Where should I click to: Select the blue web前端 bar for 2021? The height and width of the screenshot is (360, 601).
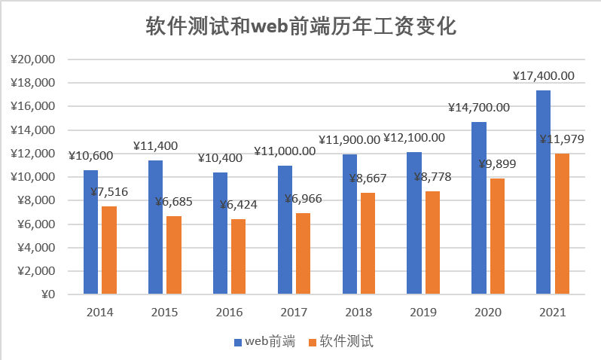pyautogui.click(x=543, y=192)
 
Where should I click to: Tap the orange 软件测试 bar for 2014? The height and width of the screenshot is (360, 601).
pyautogui.click(x=109, y=249)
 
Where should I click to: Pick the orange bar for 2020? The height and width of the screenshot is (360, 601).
pyautogui.click(x=497, y=236)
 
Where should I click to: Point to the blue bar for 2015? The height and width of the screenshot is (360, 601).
pyautogui.click(x=155, y=227)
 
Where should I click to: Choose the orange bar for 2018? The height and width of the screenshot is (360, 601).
pyautogui.click(x=368, y=243)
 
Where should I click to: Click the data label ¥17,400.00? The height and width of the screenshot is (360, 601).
pyautogui.click(x=543, y=75)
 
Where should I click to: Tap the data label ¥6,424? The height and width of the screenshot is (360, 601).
pyautogui.click(x=238, y=204)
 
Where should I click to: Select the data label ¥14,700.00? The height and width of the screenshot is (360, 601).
pyautogui.click(x=479, y=108)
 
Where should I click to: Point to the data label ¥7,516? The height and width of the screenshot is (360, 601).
pyautogui.click(x=108, y=192)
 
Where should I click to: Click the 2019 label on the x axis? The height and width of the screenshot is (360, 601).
pyautogui.click(x=423, y=312)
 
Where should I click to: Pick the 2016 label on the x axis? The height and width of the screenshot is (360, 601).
pyautogui.click(x=229, y=312)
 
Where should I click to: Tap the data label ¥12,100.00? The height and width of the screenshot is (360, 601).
pyautogui.click(x=414, y=138)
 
